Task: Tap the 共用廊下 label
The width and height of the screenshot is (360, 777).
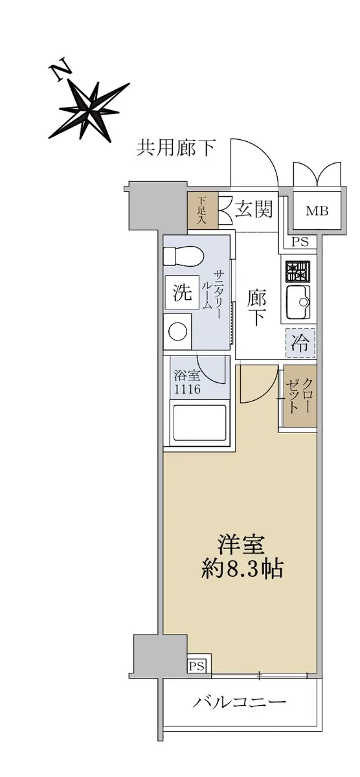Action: pos(175,148)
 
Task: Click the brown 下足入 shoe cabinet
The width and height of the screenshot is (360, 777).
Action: pos(202,210)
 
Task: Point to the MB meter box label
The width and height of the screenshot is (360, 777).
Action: pos(317,211)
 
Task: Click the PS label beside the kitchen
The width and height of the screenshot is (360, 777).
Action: pos(300,242)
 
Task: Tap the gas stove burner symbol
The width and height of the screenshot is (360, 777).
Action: pos(298,271)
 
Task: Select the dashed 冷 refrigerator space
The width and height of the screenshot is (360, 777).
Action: pos(300,343)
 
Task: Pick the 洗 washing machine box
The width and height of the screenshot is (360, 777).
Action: pos(182,293)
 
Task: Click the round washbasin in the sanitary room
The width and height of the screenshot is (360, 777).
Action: pos(177,332)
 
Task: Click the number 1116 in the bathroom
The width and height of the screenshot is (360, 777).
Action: pos(187,389)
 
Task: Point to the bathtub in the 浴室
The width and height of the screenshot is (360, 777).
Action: pos(199,423)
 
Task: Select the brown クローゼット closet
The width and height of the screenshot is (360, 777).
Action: pos(300,396)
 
